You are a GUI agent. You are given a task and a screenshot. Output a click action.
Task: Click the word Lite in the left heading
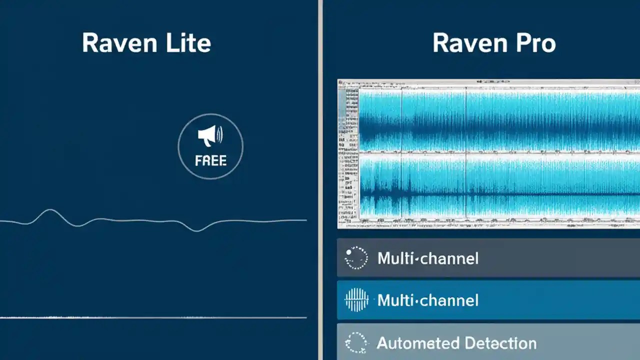[187, 43]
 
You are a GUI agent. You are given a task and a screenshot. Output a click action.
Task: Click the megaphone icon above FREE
[210, 135]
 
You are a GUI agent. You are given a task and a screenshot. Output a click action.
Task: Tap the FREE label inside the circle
[210, 161]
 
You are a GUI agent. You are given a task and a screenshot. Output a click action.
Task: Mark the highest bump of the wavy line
[49, 210]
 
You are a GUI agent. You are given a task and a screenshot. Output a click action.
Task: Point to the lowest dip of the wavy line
[197, 230]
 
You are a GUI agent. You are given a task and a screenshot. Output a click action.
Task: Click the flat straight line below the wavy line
[150, 317]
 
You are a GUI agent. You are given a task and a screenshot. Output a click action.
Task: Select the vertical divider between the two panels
[320, 180]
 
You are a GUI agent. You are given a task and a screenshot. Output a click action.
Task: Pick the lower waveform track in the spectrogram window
[500, 187]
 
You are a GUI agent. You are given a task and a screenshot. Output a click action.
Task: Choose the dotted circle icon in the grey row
[356, 258]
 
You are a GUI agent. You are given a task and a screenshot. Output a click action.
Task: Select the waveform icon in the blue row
[356, 300]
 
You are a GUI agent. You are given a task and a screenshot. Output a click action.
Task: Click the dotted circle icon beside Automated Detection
[356, 343]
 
